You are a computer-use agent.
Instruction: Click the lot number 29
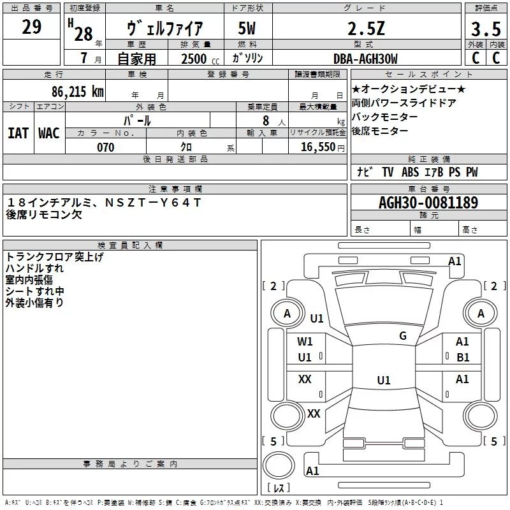point(31,27)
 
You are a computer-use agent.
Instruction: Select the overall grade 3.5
point(486,29)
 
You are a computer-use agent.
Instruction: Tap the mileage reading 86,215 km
point(77,91)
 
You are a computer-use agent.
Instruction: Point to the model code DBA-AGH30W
point(365,59)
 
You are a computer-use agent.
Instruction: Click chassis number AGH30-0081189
point(428,203)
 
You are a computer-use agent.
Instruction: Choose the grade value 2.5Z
point(366,29)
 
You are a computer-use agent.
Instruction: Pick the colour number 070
point(106,147)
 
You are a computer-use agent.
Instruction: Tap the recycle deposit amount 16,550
point(317,147)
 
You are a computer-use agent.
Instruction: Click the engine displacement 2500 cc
point(200,59)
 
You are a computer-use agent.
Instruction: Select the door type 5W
point(247,28)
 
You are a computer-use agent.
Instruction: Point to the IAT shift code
point(18,133)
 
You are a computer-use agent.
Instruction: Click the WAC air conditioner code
point(49,133)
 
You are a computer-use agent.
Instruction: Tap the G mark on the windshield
point(403,335)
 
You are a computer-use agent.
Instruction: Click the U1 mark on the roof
point(384,380)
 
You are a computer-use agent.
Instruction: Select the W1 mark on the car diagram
point(305,342)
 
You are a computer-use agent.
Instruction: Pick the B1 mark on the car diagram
point(463,358)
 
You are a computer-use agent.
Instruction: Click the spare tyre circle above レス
point(279,466)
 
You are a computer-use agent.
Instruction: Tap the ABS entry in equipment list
point(410,172)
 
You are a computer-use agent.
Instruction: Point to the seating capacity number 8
point(266,120)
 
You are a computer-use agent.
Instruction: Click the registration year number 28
point(84,34)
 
